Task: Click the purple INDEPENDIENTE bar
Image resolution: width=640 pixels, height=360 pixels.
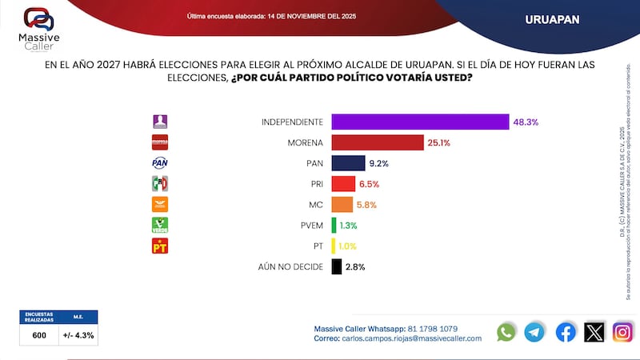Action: point(420,122)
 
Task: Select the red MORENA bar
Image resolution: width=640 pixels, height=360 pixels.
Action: point(377,142)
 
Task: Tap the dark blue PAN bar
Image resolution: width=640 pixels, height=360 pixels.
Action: point(348,163)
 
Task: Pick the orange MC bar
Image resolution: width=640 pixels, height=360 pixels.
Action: point(342,205)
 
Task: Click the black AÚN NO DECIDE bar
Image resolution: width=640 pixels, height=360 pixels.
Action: point(336,266)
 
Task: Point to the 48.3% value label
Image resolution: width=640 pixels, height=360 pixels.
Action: point(526,122)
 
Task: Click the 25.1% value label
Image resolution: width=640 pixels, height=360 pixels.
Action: point(439,142)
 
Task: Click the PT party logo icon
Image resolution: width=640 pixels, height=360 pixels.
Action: point(160,246)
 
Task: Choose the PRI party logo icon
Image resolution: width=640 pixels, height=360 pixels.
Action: point(160,184)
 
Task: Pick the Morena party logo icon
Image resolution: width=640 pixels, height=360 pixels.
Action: point(160,142)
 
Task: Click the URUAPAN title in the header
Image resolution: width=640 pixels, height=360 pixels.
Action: point(553,18)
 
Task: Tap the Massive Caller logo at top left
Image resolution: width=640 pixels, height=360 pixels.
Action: point(38,27)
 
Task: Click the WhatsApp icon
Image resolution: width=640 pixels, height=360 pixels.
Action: point(506,332)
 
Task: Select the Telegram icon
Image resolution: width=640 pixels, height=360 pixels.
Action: point(534,332)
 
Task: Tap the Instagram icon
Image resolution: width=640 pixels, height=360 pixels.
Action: point(622,332)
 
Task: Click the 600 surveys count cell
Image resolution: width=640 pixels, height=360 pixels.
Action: point(38,335)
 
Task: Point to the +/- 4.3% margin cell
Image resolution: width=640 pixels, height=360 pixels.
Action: point(78,335)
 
